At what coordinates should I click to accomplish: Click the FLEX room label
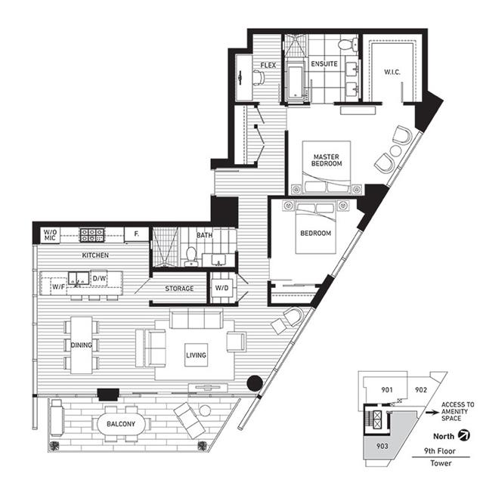tap(268, 65)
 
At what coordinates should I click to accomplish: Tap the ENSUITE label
tap(324, 63)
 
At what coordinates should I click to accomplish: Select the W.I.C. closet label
tap(392, 73)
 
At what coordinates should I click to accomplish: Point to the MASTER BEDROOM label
tap(327, 160)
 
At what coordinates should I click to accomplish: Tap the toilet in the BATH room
tap(191, 256)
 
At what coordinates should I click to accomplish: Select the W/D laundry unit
tap(221, 288)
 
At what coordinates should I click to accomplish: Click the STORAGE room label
tap(179, 289)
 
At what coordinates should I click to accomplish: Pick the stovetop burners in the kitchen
tap(91, 235)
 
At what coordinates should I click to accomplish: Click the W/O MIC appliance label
tap(50, 235)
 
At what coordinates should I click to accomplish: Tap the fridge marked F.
tap(137, 234)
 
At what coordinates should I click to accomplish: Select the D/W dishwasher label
tap(99, 278)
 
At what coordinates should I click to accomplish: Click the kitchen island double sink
tap(79, 278)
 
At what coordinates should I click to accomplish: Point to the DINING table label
tap(82, 345)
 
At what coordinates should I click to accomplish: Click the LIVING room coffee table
tap(196, 355)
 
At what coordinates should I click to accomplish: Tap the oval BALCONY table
tap(121, 424)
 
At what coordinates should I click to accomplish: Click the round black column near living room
tap(255, 383)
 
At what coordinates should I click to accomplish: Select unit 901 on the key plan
tap(387, 390)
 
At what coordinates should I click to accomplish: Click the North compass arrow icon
tap(463, 435)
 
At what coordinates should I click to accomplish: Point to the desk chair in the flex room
tap(259, 76)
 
